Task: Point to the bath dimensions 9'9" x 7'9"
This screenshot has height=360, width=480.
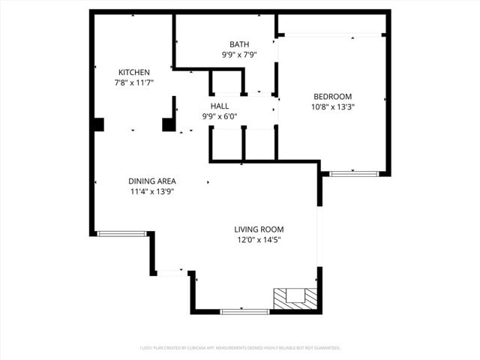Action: [240, 55]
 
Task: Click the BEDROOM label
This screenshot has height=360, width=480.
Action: [332, 96]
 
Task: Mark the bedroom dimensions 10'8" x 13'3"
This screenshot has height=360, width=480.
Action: [332, 106]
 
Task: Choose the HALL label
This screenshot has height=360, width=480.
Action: [220, 106]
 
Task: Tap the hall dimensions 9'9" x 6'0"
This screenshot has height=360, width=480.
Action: [220, 116]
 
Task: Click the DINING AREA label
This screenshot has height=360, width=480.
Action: [152, 181]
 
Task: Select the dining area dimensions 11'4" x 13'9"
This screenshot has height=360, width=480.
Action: [152, 191]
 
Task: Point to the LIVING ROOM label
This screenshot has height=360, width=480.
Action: [259, 229]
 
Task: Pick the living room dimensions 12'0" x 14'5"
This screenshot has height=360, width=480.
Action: [259, 240]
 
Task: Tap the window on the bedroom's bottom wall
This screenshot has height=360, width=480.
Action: [354, 174]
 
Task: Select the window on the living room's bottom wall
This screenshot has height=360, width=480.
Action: [244, 310]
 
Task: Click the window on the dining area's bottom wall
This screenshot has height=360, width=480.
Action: [123, 234]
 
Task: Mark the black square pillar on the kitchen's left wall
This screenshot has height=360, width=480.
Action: [97, 124]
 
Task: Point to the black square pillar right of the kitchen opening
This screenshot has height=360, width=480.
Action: [169, 124]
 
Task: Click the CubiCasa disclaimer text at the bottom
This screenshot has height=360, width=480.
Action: [240, 348]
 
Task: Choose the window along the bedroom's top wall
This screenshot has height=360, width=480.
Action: [332, 34]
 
